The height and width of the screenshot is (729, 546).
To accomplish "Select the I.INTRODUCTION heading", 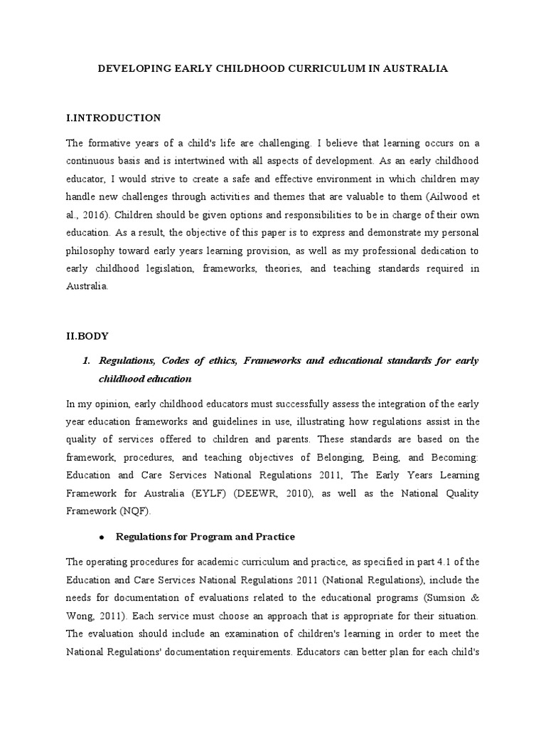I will click(x=114, y=117).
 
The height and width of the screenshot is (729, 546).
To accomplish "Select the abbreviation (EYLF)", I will click(x=210, y=493).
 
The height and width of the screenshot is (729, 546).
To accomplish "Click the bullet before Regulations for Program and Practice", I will click(x=102, y=536).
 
